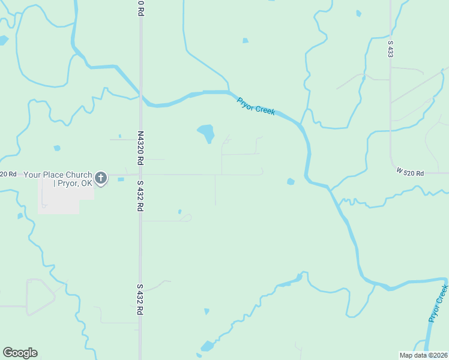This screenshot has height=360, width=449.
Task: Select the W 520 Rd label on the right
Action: click(x=410, y=173)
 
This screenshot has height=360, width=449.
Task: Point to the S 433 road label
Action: click(x=390, y=49)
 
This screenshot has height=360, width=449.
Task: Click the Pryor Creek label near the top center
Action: click(x=256, y=106)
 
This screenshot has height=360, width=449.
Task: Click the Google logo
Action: click(x=20, y=353)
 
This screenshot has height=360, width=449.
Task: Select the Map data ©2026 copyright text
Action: click(x=424, y=355)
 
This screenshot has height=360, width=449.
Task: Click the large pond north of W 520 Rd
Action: click(x=206, y=132)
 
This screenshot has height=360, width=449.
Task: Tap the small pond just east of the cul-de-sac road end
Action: click(x=291, y=181)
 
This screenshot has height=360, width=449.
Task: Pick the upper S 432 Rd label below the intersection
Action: click(x=140, y=195)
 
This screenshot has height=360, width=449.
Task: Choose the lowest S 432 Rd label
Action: click(x=140, y=299)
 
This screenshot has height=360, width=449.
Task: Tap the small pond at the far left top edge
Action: click(x=3, y=40)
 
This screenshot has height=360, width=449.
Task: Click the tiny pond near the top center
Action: click(x=245, y=41)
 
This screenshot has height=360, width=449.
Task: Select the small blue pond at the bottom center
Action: click(x=207, y=346)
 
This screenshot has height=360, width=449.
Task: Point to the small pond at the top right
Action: click(x=358, y=13)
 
